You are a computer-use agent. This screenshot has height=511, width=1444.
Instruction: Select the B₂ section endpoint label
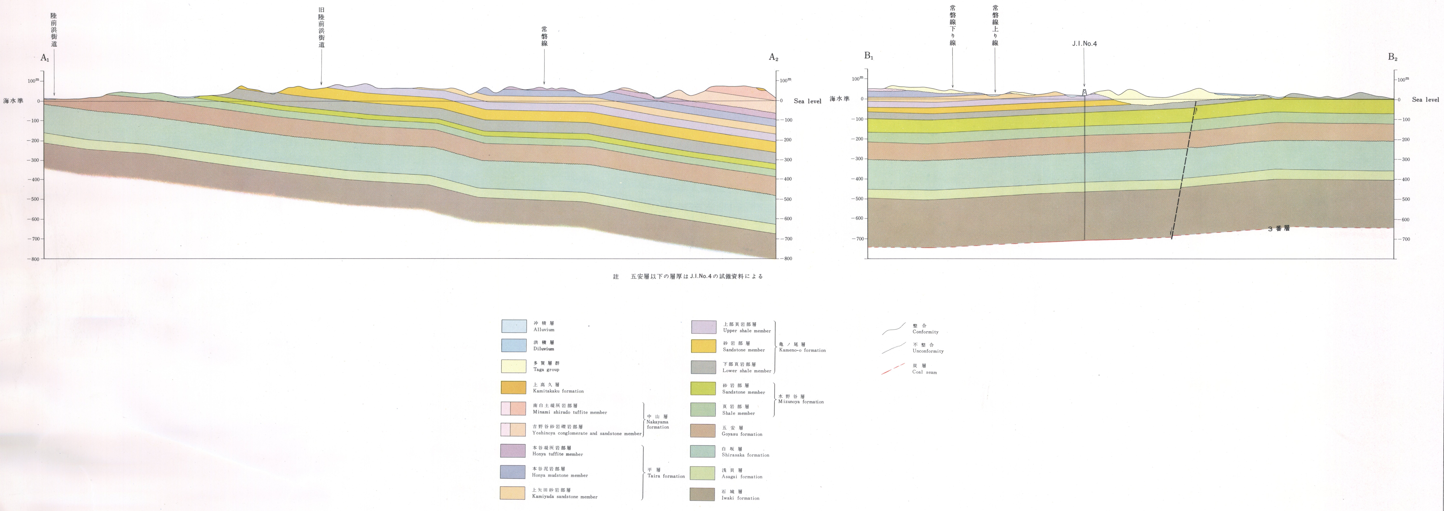pos(1392,57)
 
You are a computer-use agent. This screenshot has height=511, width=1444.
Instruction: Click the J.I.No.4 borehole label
pos(1084,44)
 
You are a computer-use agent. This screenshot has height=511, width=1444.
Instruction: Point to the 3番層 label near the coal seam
pos(1279,229)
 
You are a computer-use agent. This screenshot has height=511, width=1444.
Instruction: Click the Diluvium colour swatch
pos(514,345)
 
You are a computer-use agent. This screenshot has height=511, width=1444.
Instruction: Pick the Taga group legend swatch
pos(514,366)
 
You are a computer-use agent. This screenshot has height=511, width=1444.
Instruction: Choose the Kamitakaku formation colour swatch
pos(514,387)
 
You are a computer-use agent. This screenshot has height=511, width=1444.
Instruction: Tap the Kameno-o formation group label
pos(802,350)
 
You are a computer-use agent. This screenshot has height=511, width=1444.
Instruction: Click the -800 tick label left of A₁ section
pos(34,259)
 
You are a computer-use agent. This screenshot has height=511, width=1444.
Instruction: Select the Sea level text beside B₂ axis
pos(1425,100)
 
